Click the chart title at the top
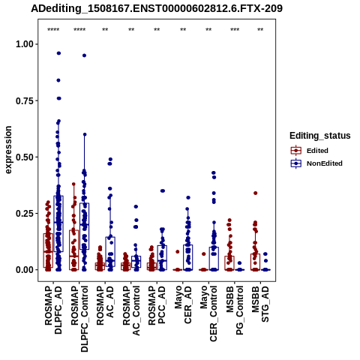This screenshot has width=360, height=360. click(157, 8)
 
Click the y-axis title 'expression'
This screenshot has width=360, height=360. click(8, 150)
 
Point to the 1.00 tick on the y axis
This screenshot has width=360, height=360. click(25, 44)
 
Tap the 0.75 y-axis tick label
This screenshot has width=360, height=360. click(25, 100)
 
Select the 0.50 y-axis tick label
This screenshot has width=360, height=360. click(25, 157)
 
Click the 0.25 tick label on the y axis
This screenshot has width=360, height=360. click(25, 214)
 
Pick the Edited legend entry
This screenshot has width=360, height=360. click(310, 151)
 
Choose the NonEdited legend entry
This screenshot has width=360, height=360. click(316, 163)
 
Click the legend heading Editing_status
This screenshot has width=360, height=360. click(320, 136)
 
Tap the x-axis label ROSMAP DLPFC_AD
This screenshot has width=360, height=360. click(53, 310)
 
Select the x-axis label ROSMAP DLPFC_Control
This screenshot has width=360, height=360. click(79, 319)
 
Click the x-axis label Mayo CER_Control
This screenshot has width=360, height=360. click(208, 314)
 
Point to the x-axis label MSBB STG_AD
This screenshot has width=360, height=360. click(260, 304)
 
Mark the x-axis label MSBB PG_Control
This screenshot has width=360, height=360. click(235, 310)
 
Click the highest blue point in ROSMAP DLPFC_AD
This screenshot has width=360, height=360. click(58, 53)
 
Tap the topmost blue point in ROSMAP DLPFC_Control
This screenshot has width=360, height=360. click(85, 55)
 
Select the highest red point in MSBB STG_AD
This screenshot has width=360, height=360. click(256, 193)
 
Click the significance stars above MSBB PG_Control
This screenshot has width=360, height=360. click(235, 30)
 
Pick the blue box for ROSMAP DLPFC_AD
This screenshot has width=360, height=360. click(58, 223)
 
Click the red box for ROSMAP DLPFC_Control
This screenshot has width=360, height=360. click(74, 250)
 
